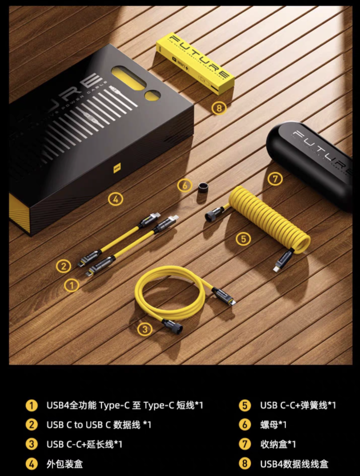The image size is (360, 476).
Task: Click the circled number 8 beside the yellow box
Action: [x=219, y=108]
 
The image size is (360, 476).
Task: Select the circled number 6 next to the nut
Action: [x=185, y=185]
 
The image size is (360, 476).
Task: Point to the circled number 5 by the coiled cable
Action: [x=244, y=238]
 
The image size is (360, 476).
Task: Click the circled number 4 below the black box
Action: [x=115, y=199]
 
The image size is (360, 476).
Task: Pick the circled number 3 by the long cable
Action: [x=145, y=329]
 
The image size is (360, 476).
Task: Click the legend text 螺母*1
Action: [x=273, y=425]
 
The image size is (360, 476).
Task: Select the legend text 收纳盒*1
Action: [x=278, y=444]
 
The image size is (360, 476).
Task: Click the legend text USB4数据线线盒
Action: [x=294, y=464]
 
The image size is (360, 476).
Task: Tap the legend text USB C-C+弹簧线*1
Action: [x=298, y=405]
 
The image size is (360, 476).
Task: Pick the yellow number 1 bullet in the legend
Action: [x=32, y=405]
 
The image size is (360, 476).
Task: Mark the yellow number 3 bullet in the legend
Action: [x=32, y=444]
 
